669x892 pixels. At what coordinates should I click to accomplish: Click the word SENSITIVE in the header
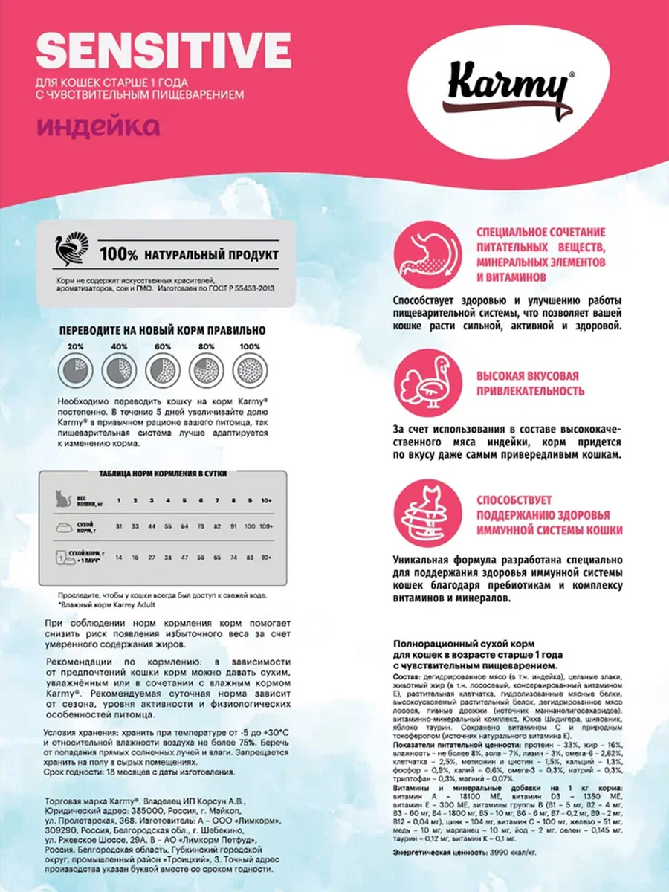(x=163, y=51)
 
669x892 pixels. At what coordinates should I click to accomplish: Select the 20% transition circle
(x=75, y=369)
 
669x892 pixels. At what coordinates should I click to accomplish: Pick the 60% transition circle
(x=161, y=369)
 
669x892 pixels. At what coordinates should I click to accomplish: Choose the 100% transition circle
(x=248, y=369)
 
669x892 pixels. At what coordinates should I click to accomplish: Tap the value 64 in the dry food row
(x=184, y=526)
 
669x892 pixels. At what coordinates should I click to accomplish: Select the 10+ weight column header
(x=266, y=499)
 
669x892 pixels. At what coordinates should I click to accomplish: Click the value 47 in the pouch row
(x=184, y=556)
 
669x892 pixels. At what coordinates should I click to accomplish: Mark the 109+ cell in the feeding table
(x=266, y=526)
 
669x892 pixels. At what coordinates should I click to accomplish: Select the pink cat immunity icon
(x=426, y=514)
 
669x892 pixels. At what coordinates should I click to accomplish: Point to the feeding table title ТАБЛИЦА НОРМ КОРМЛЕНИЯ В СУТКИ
(x=163, y=474)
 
